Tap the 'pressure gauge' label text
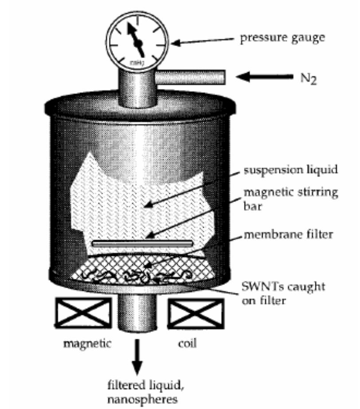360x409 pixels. [282, 37]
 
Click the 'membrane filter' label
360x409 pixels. [288, 234]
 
